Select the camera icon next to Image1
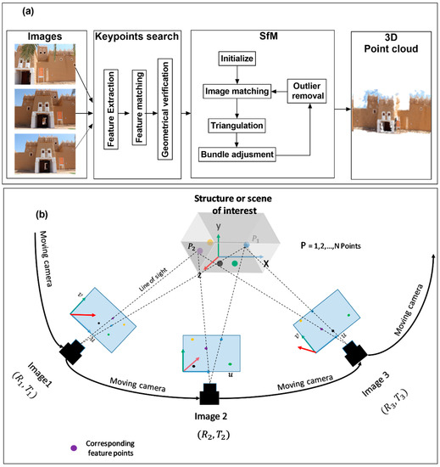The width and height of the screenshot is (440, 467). (70, 349)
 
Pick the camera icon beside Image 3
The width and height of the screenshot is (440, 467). (357, 350)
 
